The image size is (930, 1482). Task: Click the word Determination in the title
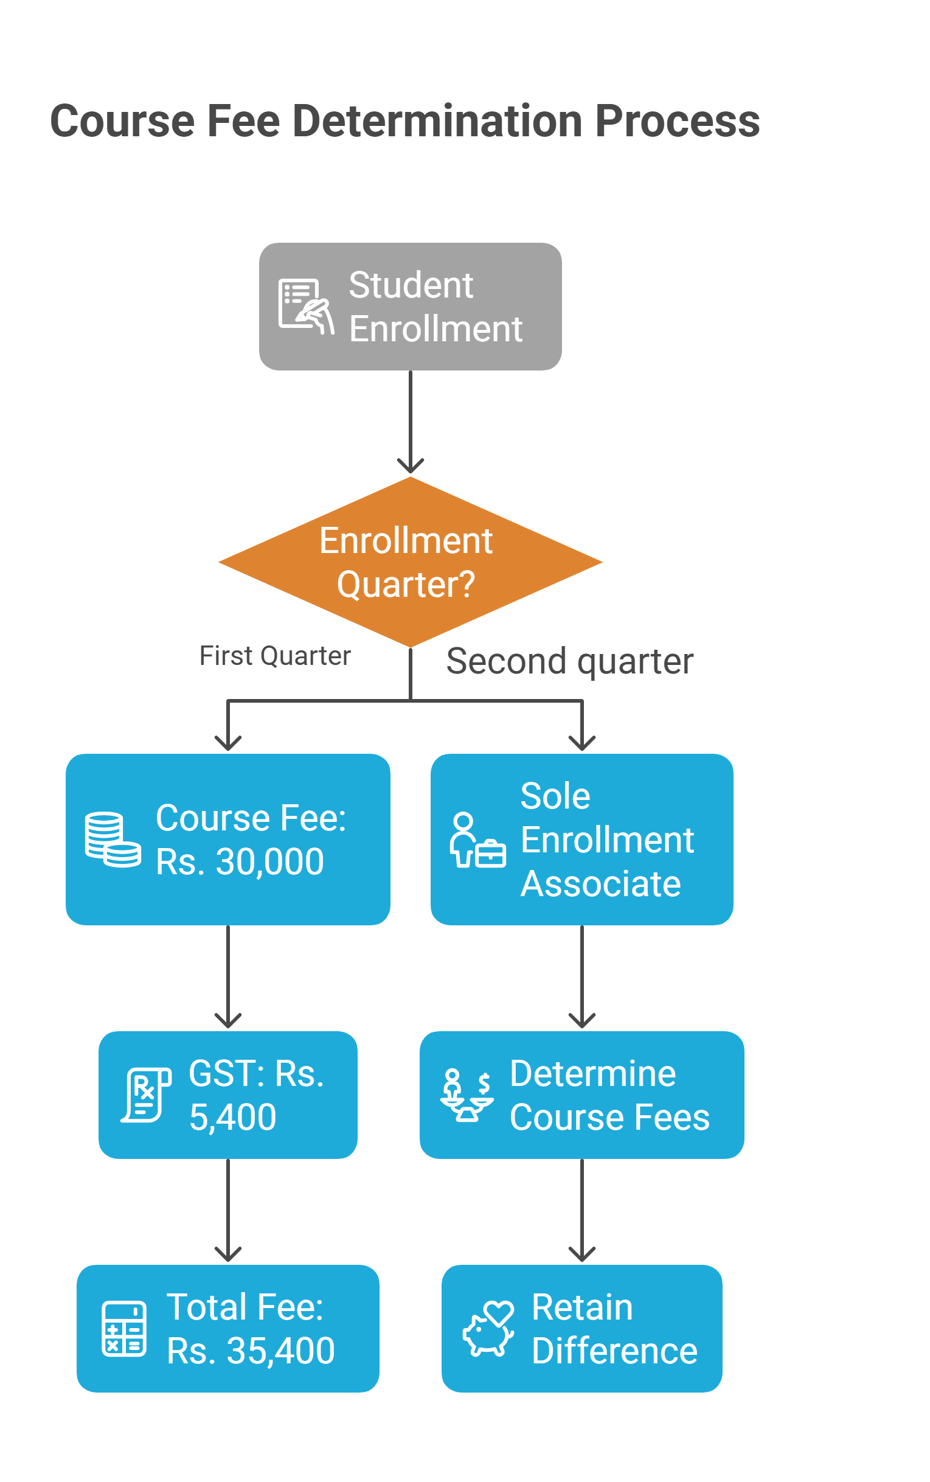437,120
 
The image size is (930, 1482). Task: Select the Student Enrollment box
410,307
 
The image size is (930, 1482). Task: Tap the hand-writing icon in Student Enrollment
307,307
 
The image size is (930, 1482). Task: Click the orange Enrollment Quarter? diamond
410,562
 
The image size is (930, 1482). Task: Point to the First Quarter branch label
275,656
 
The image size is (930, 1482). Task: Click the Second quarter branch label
569,661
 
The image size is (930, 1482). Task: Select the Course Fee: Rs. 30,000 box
228,839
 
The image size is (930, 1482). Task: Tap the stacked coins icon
113,839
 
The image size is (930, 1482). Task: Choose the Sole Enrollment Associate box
582,839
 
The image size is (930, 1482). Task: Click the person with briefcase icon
477,840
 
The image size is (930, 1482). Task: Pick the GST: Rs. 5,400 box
228,1095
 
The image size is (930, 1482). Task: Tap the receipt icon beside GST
146,1095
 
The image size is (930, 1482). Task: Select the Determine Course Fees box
582,1095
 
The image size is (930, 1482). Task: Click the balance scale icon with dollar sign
467,1095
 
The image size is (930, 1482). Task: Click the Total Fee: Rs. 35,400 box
228,1329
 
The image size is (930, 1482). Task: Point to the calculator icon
123,1329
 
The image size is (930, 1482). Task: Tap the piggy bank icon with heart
489,1329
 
